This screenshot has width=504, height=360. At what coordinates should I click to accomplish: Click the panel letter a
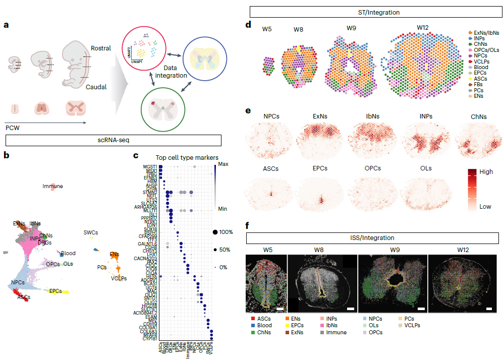[7, 24]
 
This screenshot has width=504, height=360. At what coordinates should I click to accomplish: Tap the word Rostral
[101, 48]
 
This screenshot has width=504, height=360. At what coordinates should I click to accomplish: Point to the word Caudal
[96, 87]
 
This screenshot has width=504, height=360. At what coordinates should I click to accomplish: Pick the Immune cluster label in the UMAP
[53, 186]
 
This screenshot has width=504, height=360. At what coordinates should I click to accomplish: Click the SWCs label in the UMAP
[91, 232]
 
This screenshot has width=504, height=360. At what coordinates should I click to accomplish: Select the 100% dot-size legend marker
[215, 232]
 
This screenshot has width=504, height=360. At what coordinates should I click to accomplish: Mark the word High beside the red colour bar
[486, 171]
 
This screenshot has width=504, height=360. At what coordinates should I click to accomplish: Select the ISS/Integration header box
[373, 237]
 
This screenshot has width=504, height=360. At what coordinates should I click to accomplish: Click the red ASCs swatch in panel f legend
[249, 319]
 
